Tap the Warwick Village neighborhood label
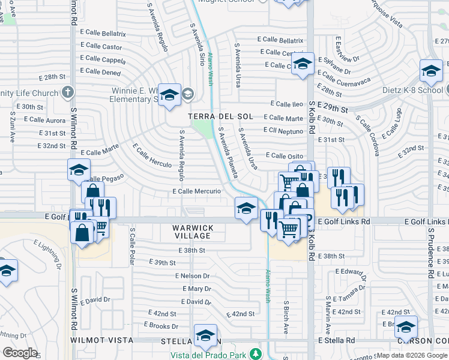(x=193, y=232)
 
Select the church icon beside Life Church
(x=68, y=92)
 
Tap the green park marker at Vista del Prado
(x=256, y=353)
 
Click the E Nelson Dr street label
(x=192, y=276)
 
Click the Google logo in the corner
(x=20, y=353)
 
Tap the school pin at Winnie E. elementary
(x=170, y=94)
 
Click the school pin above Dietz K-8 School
(x=430, y=71)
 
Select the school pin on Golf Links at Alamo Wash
(x=246, y=208)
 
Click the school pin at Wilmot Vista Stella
(x=205, y=336)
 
